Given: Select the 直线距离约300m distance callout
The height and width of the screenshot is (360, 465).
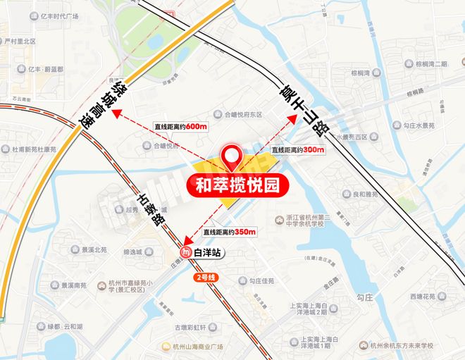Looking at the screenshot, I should pyautogui.click(x=298, y=150).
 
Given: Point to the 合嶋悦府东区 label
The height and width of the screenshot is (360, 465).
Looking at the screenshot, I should pyautogui.click(x=238, y=113).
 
